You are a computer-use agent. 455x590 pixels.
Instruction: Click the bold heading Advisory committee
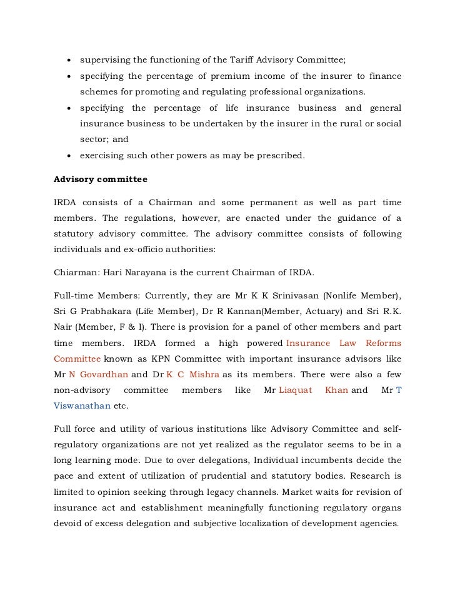point(101,180)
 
